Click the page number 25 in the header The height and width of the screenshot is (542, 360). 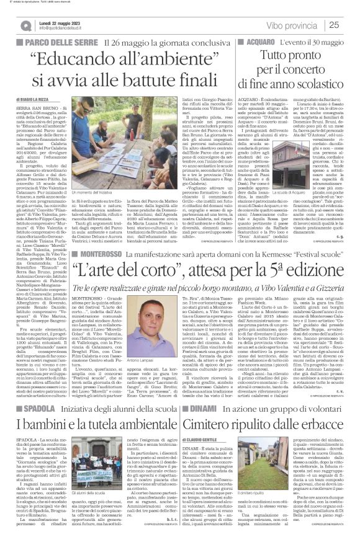click(348, 25)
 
